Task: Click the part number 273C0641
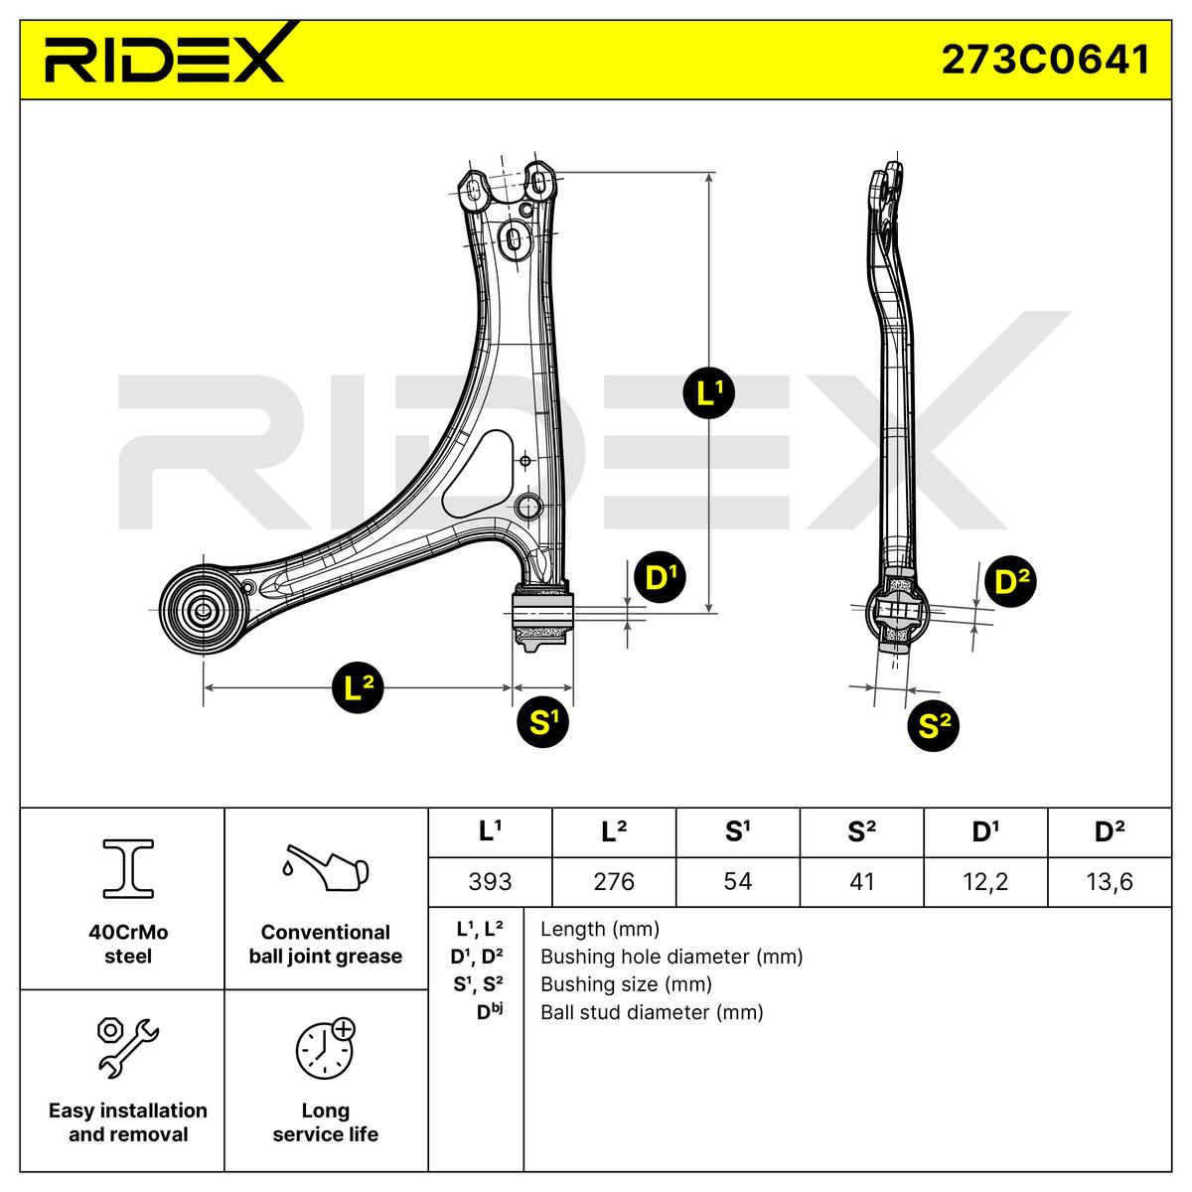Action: pyautogui.click(x=1045, y=60)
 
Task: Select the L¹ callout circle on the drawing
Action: pyautogui.click(x=709, y=392)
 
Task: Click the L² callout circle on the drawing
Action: pyautogui.click(x=358, y=687)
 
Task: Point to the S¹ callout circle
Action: pyautogui.click(x=542, y=721)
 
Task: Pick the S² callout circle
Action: pyautogui.click(x=933, y=725)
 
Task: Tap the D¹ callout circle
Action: pyautogui.click(x=661, y=577)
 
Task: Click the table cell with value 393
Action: pyautogui.click(x=490, y=881)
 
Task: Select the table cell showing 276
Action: pyautogui.click(x=614, y=881)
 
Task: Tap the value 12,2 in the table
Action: pyautogui.click(x=985, y=881)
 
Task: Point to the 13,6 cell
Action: pyautogui.click(x=1110, y=881)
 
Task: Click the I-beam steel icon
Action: pyautogui.click(x=128, y=868)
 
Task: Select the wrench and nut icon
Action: pyautogui.click(x=128, y=1048)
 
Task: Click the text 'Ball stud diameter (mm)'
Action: pyautogui.click(x=652, y=1012)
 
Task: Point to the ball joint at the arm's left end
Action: pyautogui.click(x=203, y=611)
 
